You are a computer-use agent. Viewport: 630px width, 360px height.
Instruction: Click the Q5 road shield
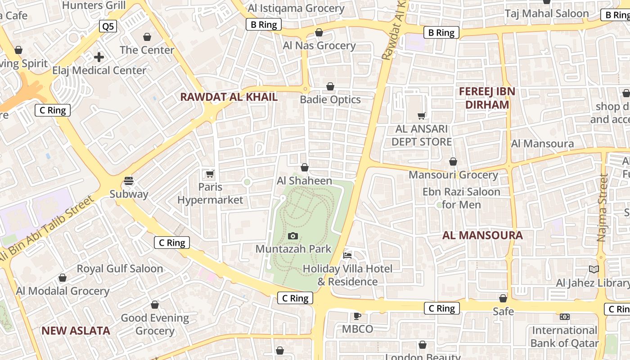[108, 26]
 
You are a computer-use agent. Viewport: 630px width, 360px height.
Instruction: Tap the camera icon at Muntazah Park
[293, 236]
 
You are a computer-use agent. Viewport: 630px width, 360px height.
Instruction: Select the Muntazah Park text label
[293, 249]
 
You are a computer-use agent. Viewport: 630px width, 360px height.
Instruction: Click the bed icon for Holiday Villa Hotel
[347, 255]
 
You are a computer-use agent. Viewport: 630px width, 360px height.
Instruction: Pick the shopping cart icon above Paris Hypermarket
[210, 174]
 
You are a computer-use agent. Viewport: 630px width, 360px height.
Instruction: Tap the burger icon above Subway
[129, 181]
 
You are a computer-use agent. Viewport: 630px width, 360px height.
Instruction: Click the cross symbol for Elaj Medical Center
[99, 57]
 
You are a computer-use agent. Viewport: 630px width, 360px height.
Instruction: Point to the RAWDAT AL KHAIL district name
[229, 97]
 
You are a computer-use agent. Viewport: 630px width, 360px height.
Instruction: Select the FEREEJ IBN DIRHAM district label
[487, 98]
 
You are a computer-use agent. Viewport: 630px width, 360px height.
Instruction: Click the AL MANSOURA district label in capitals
[482, 235]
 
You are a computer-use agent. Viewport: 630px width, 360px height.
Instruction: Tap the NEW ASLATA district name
[76, 331]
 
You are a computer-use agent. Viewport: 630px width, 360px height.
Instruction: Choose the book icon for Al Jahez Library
[594, 269]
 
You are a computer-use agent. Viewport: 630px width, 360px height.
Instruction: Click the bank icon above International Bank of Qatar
[564, 317]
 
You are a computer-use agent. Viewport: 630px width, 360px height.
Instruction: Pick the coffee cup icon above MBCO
[357, 315]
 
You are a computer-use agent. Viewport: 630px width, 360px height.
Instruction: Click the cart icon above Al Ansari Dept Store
[422, 116]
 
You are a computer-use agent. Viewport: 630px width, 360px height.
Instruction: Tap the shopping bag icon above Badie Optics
[330, 86]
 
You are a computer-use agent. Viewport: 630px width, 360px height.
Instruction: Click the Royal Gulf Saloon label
[120, 269]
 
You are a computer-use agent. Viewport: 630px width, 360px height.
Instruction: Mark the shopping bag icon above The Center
[147, 36]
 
